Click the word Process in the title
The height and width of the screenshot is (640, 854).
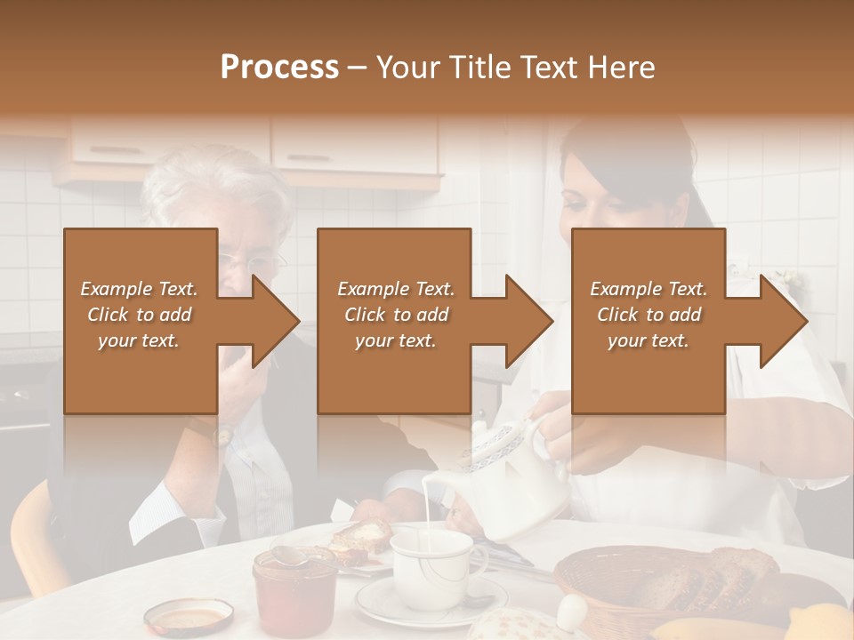click(279, 68)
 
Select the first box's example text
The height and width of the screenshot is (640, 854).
click(139, 315)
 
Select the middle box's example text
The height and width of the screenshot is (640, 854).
click(396, 315)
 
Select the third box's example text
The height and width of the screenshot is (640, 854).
click(649, 315)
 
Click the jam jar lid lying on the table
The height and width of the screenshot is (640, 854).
click(189, 615)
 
